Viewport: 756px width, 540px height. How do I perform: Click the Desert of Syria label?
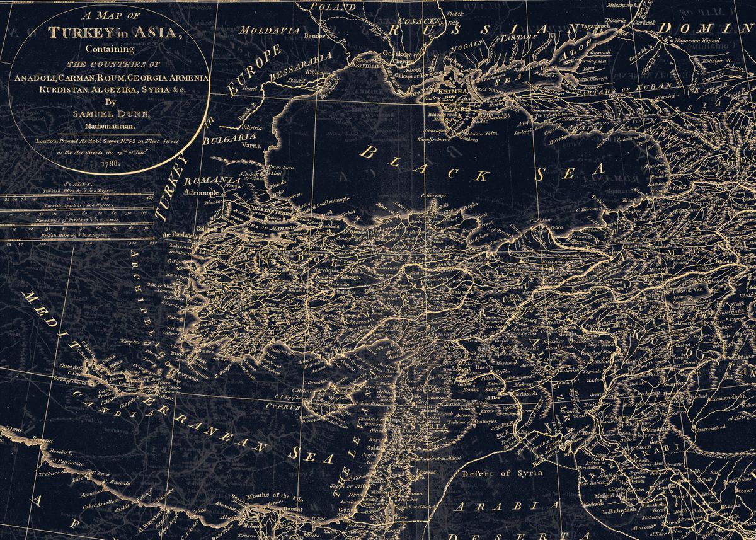click(x=495, y=473)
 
